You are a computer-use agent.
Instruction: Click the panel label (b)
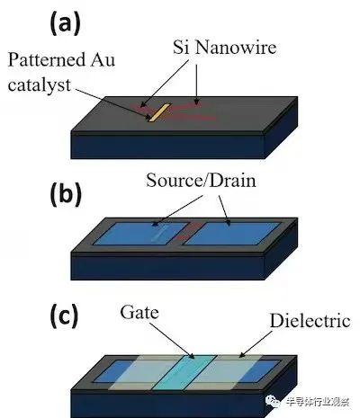66,195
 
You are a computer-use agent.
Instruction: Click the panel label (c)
64,316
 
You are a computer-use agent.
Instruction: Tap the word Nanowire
236,48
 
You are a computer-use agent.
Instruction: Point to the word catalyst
40,85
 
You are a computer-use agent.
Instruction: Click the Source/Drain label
201,181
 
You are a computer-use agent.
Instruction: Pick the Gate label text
139,313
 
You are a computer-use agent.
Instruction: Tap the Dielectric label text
310,321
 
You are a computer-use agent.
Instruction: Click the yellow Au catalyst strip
159,112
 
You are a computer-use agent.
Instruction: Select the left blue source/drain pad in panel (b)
142,234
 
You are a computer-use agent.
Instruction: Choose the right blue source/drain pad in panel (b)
232,234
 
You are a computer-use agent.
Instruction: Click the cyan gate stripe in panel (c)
184,372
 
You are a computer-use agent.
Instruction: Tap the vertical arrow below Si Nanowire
196,84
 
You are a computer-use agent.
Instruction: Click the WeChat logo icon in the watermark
272,401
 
